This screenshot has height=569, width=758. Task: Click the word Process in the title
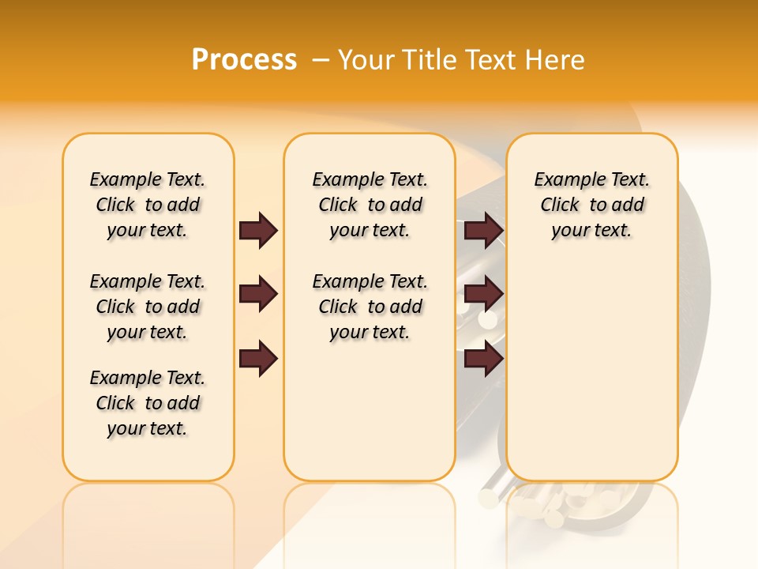click(244, 60)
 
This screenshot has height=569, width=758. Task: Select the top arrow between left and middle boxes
click(258, 230)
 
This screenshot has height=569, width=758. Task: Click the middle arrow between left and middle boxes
click(258, 295)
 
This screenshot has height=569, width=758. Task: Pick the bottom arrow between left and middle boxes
click(258, 359)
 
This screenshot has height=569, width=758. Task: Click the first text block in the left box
click(148, 205)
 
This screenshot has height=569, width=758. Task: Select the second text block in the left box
click(148, 307)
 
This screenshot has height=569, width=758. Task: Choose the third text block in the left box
click(148, 403)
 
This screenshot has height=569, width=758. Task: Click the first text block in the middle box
click(370, 205)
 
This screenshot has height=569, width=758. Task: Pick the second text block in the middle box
click(370, 307)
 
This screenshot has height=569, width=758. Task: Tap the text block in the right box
click(592, 205)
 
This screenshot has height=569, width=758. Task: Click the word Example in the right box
click(564, 180)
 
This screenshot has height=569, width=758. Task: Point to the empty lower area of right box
click(592, 371)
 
